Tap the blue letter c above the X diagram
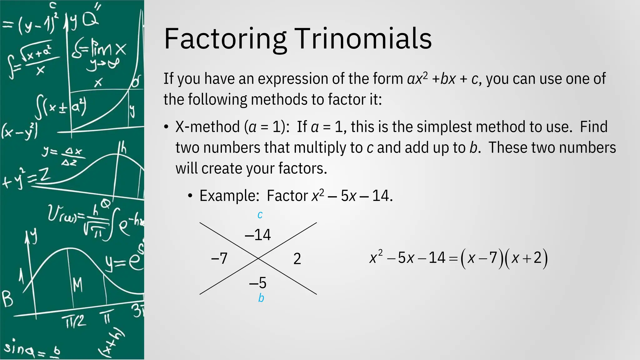pos(260,215)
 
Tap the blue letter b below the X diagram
pos(261,298)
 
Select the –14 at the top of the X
pos(258,235)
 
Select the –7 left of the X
pos(219,258)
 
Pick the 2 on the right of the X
pos(297,259)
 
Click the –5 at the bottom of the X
pos(258,283)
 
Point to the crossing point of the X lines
pos(258,258)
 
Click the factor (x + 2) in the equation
pos(526,258)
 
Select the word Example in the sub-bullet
pos(229,196)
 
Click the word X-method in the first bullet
pos(207,127)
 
